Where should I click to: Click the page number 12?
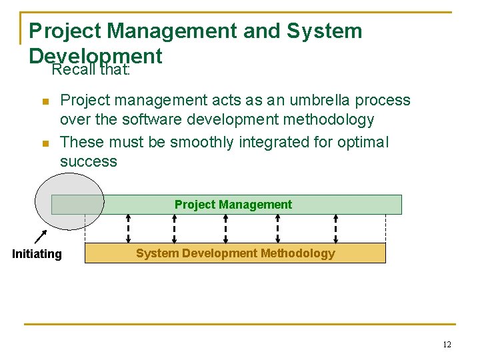(447, 345)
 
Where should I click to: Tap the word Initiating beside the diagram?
(37, 254)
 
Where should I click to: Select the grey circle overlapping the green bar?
(69, 200)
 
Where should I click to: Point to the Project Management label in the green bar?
(233, 205)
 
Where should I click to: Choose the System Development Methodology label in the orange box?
(235, 253)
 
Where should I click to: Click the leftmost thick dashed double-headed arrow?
(129, 229)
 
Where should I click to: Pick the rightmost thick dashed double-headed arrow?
(335, 229)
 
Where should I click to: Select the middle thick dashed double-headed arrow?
(226, 229)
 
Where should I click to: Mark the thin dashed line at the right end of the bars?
(385, 229)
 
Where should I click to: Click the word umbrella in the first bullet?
(313, 101)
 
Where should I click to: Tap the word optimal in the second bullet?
(365, 142)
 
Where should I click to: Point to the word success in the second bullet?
(88, 162)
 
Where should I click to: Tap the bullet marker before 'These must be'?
(45, 143)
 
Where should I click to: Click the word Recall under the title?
(74, 69)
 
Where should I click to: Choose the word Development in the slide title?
(95, 55)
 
